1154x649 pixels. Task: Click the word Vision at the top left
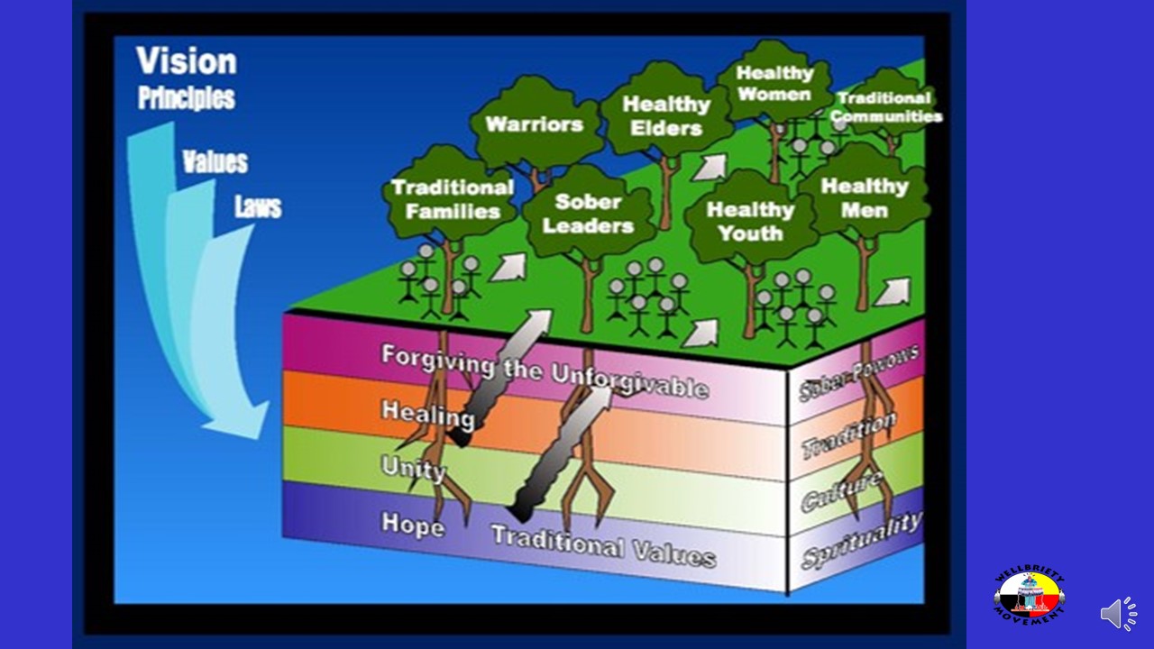click(187, 61)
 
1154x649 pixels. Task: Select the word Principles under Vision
click(187, 97)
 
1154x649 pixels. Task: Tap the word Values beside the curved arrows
click(215, 162)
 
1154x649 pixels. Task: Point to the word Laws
click(258, 207)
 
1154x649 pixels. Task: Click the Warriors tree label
click(534, 124)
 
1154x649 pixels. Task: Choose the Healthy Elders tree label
click(666, 116)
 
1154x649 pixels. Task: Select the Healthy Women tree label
click(774, 83)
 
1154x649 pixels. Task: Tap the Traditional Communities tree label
click(885, 107)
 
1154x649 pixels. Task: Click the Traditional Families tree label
click(453, 199)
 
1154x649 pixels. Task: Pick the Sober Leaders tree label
click(588, 214)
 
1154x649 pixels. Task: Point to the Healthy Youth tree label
click(750, 221)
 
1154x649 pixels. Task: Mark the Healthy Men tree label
click(864, 198)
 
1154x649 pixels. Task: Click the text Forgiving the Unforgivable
click(544, 370)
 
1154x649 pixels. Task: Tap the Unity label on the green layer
click(413, 468)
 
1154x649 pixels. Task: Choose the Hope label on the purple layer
click(412, 524)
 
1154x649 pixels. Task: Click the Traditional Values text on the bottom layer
click(603, 544)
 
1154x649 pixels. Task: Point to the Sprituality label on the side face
click(861, 539)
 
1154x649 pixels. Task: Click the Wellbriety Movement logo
click(1030, 596)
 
